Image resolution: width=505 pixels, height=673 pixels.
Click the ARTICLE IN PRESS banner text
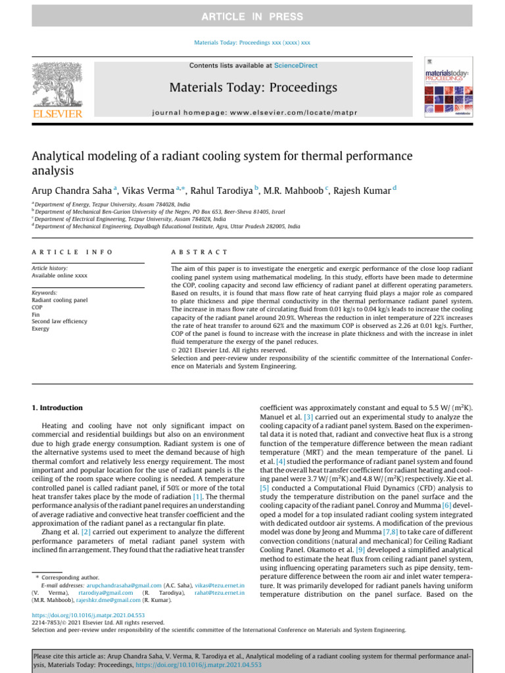click(x=252, y=16)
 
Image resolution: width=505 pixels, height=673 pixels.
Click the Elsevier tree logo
click(x=57, y=85)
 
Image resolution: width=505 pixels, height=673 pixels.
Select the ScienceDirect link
click(x=295, y=66)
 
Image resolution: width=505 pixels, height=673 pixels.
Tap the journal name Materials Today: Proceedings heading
click(x=253, y=87)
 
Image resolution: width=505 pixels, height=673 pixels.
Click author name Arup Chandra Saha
click(x=72, y=191)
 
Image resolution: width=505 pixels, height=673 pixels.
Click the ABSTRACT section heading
click(x=199, y=252)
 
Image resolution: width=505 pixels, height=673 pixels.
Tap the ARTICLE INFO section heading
click(x=72, y=252)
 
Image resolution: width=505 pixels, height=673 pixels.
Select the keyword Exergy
click(x=41, y=329)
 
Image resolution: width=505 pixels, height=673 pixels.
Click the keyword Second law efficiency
click(x=59, y=321)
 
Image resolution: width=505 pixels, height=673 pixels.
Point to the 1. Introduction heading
click(x=57, y=407)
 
